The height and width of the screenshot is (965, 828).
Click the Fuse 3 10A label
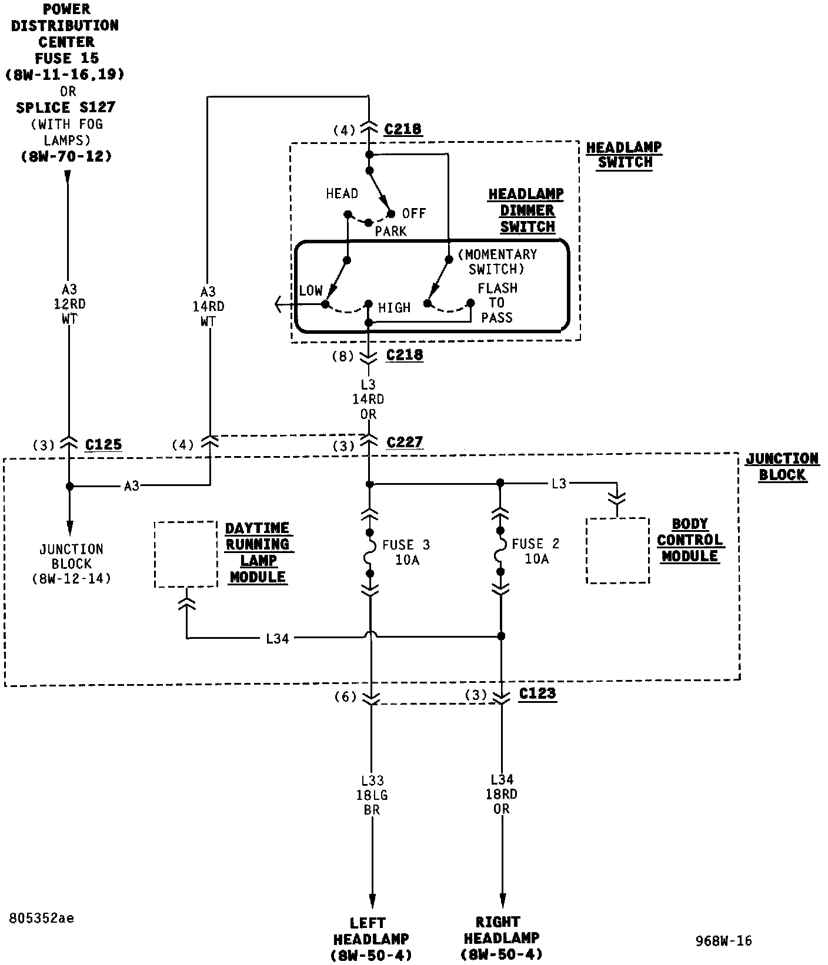click(x=406, y=552)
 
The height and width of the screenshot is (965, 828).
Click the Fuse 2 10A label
click(x=536, y=551)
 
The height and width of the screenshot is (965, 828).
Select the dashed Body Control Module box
click(x=617, y=551)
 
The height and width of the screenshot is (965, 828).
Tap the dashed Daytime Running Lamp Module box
click(x=186, y=554)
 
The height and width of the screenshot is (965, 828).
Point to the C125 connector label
click(x=103, y=444)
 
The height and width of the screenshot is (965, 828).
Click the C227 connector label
click(x=405, y=442)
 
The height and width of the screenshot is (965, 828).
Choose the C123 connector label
click(x=537, y=693)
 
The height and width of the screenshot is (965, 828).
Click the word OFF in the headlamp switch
click(x=414, y=213)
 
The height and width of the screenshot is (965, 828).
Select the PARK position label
click(x=391, y=231)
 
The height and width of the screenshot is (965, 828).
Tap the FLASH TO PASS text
click(x=498, y=303)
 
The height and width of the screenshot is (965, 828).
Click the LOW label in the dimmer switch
click(x=310, y=290)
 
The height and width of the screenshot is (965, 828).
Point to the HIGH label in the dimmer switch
click(x=394, y=307)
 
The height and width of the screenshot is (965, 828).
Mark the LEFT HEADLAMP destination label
click(x=371, y=939)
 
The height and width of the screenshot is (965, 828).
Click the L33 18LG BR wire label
click(x=372, y=795)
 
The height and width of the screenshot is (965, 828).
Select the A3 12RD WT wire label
click(x=69, y=304)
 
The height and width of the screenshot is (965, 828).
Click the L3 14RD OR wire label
click(x=368, y=399)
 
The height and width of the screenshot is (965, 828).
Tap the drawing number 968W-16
click(x=723, y=941)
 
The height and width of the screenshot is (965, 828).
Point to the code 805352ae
click(x=42, y=918)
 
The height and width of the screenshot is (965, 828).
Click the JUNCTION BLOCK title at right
click(x=782, y=467)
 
